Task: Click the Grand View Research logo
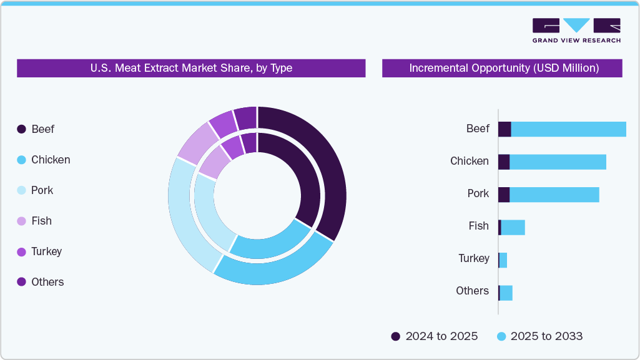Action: (x=576, y=30)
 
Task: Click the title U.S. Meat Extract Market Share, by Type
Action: (x=191, y=68)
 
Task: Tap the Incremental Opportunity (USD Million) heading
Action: (x=503, y=68)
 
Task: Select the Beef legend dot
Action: (x=21, y=129)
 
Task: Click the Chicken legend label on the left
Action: (x=51, y=160)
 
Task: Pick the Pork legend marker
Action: (x=21, y=190)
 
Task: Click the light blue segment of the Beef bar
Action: (x=568, y=129)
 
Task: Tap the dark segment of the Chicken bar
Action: (x=503, y=162)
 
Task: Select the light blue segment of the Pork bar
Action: (x=554, y=195)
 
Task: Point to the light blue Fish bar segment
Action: (x=513, y=227)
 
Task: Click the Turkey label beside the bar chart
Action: (x=474, y=258)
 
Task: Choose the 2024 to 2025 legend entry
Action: (x=435, y=336)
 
